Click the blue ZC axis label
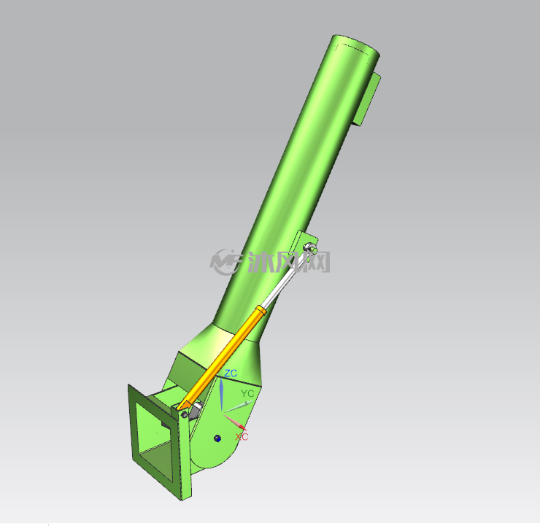pos(231,373)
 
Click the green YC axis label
pos(247,393)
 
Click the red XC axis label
pos(242,436)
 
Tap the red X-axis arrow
pos(235,422)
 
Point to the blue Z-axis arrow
pos(221,395)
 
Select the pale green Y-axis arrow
pos(239,406)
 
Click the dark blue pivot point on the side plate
pos(217,438)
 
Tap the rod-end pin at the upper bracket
pos(308,247)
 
